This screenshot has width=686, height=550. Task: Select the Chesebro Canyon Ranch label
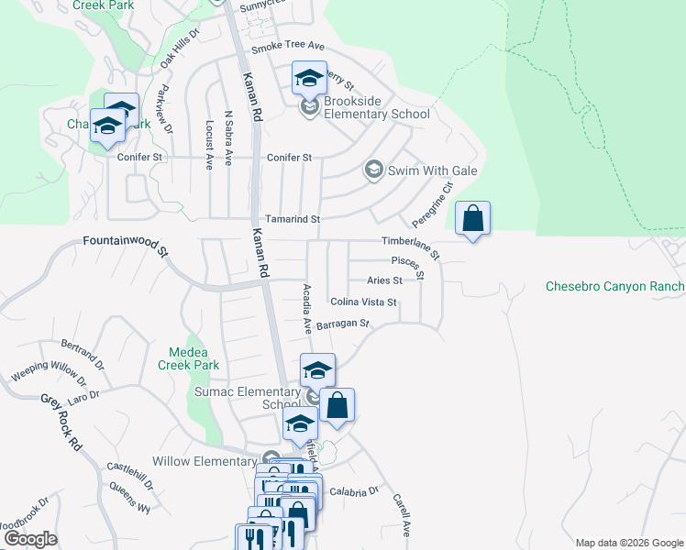coord(614,286)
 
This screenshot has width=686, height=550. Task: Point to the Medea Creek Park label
coord(194,358)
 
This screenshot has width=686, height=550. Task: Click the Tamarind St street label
coord(293,220)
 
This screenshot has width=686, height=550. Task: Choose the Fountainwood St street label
coord(127,245)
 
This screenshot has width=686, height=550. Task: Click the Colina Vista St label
coord(363,302)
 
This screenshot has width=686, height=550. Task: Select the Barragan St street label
coord(341,324)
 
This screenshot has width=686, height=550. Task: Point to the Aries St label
coord(384,280)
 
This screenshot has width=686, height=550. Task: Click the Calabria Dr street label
coord(354,491)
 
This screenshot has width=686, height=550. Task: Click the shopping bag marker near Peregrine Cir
coord(472,220)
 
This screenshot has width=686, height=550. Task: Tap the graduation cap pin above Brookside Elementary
coord(309,78)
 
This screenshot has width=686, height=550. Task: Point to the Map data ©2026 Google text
coord(628,542)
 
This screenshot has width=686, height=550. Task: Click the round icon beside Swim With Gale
coord(373,170)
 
